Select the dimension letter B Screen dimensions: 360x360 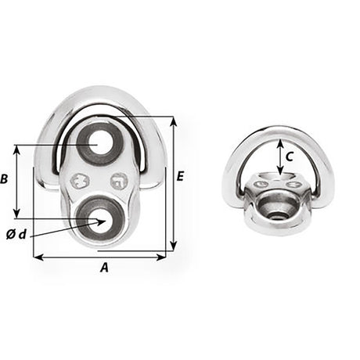5,179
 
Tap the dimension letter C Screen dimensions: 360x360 290,156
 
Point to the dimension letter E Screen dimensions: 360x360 182,178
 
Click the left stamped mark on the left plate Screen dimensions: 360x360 78,181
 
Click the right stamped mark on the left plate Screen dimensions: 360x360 119,181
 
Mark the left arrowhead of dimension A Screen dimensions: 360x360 37,255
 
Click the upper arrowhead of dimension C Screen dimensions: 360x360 280,141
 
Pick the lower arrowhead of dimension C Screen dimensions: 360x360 280,173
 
